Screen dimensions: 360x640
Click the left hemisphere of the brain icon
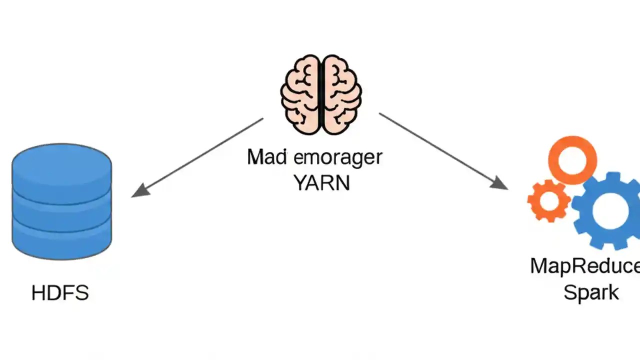click(300, 95)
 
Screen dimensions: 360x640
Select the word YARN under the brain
click(321, 183)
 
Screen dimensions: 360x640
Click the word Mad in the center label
click(267, 157)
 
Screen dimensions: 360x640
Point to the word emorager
click(338, 157)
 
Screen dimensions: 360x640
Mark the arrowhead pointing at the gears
click(500, 184)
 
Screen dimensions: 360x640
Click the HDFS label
click(60, 293)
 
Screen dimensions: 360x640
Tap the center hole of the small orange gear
click(548, 201)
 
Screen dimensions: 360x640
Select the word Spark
click(591, 292)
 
